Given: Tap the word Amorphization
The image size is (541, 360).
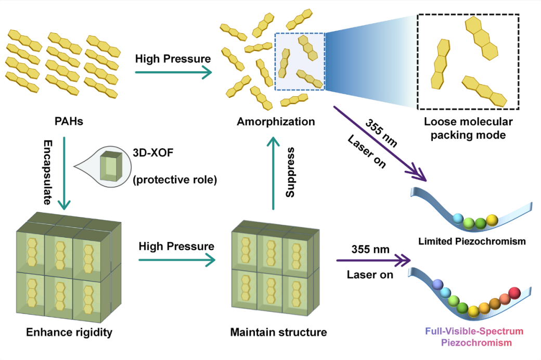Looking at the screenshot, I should pyautogui.click(x=276, y=122).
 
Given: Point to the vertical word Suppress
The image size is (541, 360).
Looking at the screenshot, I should pyautogui.click(x=291, y=172).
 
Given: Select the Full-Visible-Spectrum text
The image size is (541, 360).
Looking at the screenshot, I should pyautogui.click(x=474, y=331).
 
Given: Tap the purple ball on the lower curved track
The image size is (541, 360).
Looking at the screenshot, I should pyautogui.click(x=437, y=286).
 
